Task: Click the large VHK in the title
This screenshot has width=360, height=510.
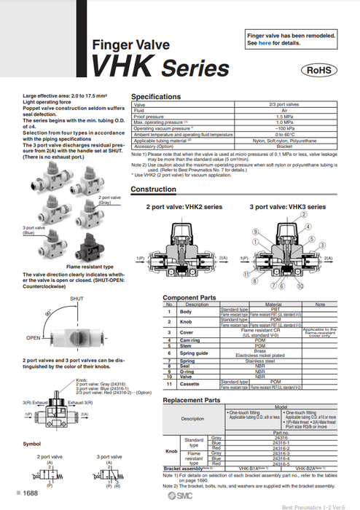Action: click(x=121, y=67)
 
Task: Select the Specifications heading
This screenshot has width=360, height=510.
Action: click(x=155, y=96)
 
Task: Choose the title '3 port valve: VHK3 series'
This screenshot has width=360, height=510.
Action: click(x=285, y=207)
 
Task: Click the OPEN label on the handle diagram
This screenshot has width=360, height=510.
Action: click(x=33, y=337)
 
